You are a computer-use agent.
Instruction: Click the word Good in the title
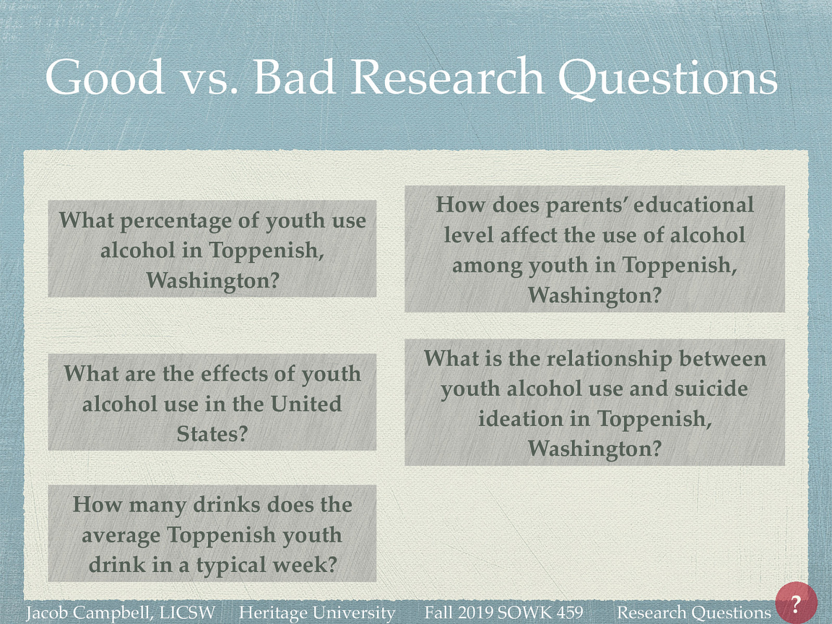(x=105, y=77)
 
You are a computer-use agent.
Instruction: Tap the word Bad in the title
(x=294, y=77)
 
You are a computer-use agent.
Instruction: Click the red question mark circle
(x=796, y=603)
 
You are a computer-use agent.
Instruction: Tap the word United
(x=306, y=404)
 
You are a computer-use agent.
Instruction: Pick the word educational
(x=693, y=204)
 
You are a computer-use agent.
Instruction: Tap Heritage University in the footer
(x=317, y=613)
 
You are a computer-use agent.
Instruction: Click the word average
(x=121, y=535)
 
